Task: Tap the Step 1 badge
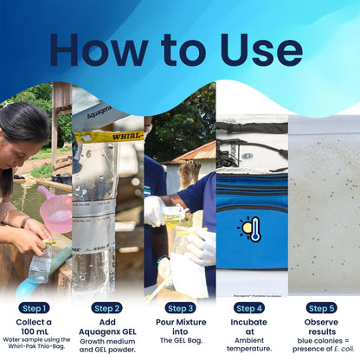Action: pos(35,307)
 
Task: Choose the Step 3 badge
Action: pos(179,307)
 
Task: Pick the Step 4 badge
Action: pos(250,307)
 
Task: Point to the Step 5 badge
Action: pos(322,307)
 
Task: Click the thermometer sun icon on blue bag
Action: pos(250,228)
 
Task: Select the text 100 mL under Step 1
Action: pos(35,331)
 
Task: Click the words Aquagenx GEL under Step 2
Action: pos(107,331)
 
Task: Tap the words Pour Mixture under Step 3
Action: pos(179,320)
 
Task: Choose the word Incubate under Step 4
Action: pos(250,320)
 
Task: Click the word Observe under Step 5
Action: pos(322,320)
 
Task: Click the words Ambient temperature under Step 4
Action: pos(250,344)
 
